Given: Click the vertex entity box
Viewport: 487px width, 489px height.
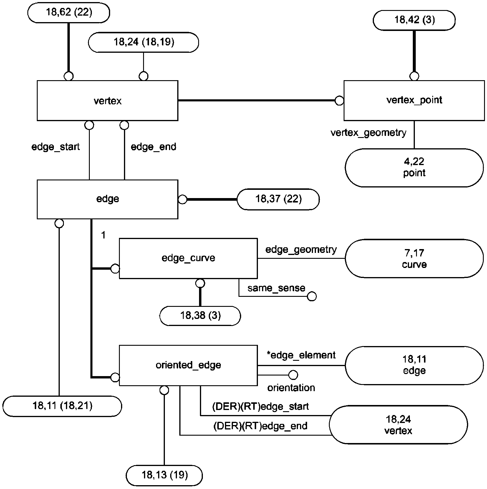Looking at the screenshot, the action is click(107, 101).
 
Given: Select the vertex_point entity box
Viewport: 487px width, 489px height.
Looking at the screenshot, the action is click(414, 101).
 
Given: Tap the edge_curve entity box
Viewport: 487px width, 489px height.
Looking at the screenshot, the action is click(188, 258).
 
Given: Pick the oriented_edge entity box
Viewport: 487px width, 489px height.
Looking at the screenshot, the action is click(188, 365).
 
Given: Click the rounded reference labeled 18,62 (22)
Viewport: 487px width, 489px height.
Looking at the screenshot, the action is click(69, 13).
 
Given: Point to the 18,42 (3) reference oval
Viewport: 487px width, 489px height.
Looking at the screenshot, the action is click(414, 20).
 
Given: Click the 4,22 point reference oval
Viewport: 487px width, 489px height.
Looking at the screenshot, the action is click(414, 167).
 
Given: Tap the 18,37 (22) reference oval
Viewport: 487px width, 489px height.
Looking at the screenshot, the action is click(278, 199).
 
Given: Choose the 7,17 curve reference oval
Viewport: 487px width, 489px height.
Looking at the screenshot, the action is click(414, 259).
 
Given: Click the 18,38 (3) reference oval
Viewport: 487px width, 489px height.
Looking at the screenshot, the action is click(200, 316).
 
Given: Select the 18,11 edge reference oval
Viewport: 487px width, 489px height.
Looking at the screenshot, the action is click(414, 365).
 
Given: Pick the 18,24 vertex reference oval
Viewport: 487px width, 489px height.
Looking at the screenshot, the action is click(398, 425).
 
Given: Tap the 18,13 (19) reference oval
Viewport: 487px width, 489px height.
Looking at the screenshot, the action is click(164, 475).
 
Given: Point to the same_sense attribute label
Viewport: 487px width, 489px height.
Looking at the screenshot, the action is click(276, 288).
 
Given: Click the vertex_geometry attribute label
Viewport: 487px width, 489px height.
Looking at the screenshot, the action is click(368, 133).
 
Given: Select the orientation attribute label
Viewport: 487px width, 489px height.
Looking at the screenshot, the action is click(291, 388).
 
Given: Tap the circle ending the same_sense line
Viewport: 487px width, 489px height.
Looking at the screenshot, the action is click(312, 296).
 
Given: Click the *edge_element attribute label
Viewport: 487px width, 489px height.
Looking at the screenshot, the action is click(301, 355).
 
